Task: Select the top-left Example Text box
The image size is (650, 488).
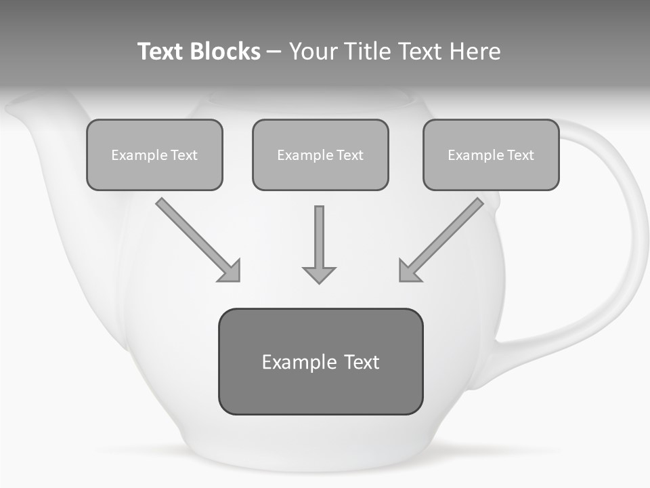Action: pyautogui.click(x=154, y=155)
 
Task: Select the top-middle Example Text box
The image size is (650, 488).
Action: pyautogui.click(x=320, y=155)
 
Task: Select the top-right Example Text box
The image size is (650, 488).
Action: pyautogui.click(x=491, y=155)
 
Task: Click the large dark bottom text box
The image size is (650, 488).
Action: pyautogui.click(x=320, y=362)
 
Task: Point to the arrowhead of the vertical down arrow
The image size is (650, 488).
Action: pyautogui.click(x=319, y=274)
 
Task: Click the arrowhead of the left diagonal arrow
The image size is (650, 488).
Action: pyautogui.click(x=230, y=271)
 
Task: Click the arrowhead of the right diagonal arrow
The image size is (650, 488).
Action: pyautogui.click(x=409, y=271)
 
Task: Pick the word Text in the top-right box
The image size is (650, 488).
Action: pyautogui.click(x=520, y=155)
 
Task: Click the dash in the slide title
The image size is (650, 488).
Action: pyautogui.click(x=274, y=52)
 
